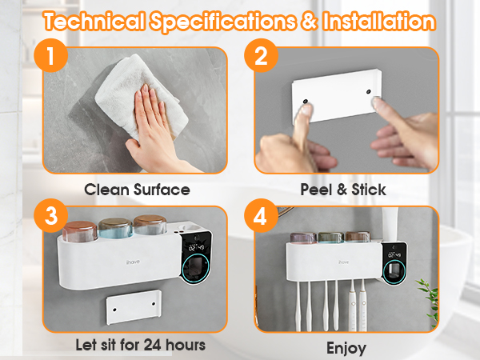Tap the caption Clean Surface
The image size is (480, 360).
[138, 190]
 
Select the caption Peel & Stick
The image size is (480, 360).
[343, 190]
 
